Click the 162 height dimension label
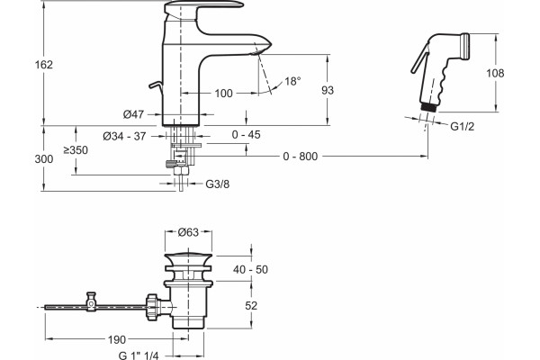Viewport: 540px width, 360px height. tap(44, 65)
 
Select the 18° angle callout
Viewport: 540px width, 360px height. tap(292, 81)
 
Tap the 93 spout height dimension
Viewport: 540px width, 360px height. tap(328, 90)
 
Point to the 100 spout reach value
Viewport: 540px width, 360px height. tap(223, 94)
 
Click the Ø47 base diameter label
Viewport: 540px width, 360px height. tap(133, 114)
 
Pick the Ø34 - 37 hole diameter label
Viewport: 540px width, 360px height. tap(124, 137)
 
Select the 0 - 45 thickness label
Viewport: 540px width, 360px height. tap(247, 135)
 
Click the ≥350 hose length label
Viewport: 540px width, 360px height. tap(76, 150)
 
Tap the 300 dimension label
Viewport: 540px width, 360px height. tap(44, 159)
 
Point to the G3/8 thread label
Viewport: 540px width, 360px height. tap(217, 184)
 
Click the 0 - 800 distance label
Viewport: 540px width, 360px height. tap(301, 157)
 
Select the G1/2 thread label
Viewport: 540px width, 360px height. tap(463, 127)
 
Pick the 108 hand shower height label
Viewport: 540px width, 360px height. tap(495, 73)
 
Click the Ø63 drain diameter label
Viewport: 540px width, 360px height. tap(188, 232)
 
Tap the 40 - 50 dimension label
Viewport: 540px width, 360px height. tap(250, 269)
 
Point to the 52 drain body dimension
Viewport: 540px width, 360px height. tap(251, 306)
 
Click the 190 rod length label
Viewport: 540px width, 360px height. tap(117, 340)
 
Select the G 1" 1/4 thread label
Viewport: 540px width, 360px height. tap(139, 355)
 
